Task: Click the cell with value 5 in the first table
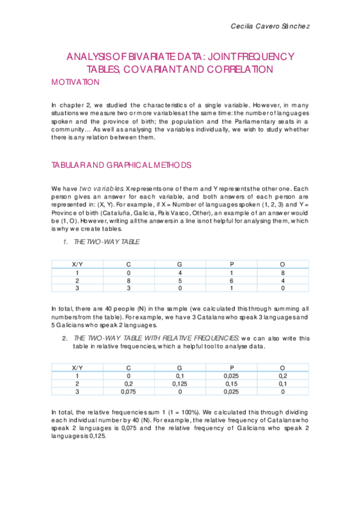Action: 180,280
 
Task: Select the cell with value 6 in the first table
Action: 231,280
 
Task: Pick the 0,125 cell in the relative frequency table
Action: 180,382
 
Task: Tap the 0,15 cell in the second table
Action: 231,382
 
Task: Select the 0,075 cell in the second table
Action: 129,391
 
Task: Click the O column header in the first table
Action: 282,263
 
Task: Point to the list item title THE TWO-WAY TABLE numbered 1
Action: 106,241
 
